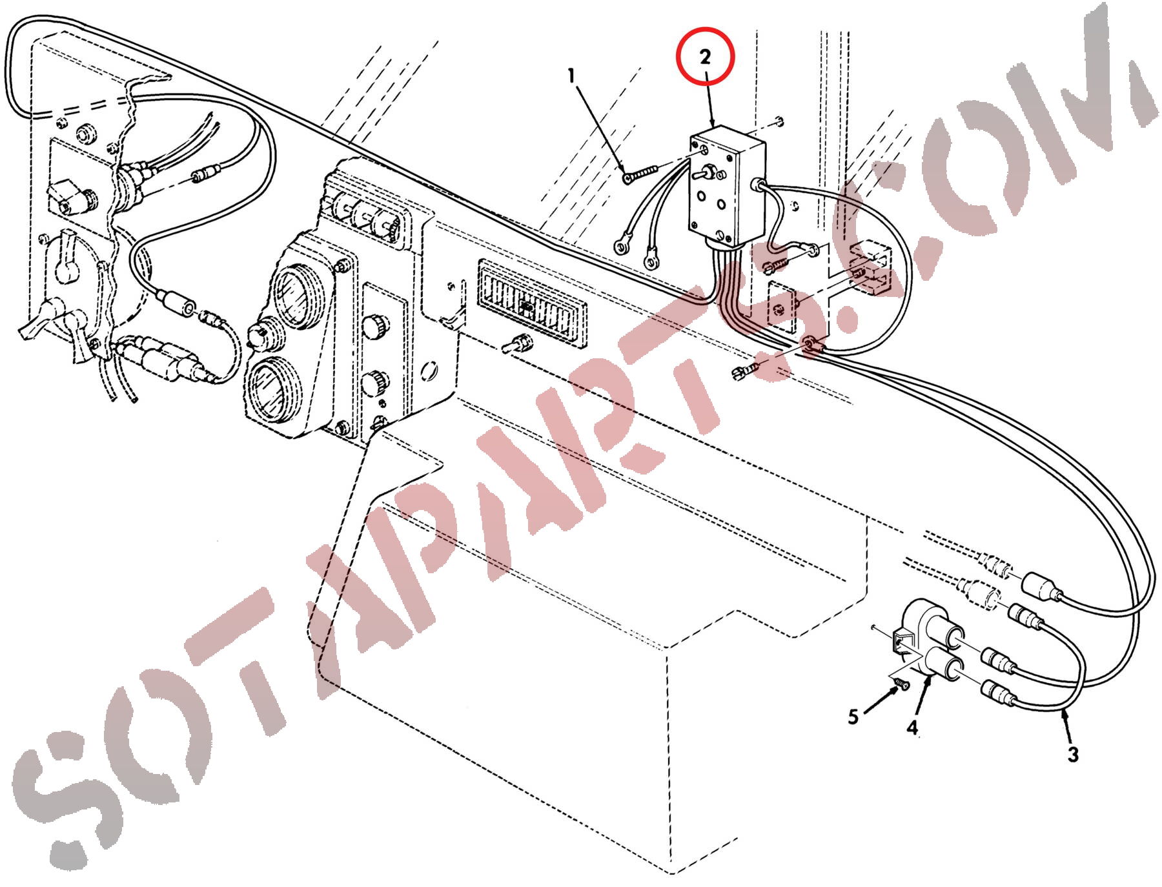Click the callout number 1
(x=571, y=76)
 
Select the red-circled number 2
(x=705, y=57)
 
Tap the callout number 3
(x=1072, y=754)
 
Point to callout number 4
(x=912, y=728)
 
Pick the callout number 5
(x=853, y=717)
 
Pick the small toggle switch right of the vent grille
(x=516, y=343)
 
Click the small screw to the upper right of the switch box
(x=779, y=119)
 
